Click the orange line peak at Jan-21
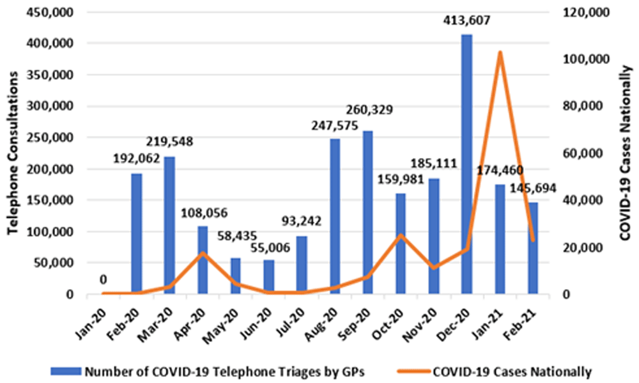click(x=500, y=52)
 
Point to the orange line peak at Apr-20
click(x=203, y=253)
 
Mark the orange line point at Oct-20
click(x=401, y=235)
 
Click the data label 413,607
click(x=466, y=21)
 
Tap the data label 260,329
click(x=375, y=111)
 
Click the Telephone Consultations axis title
click(x=12, y=153)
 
